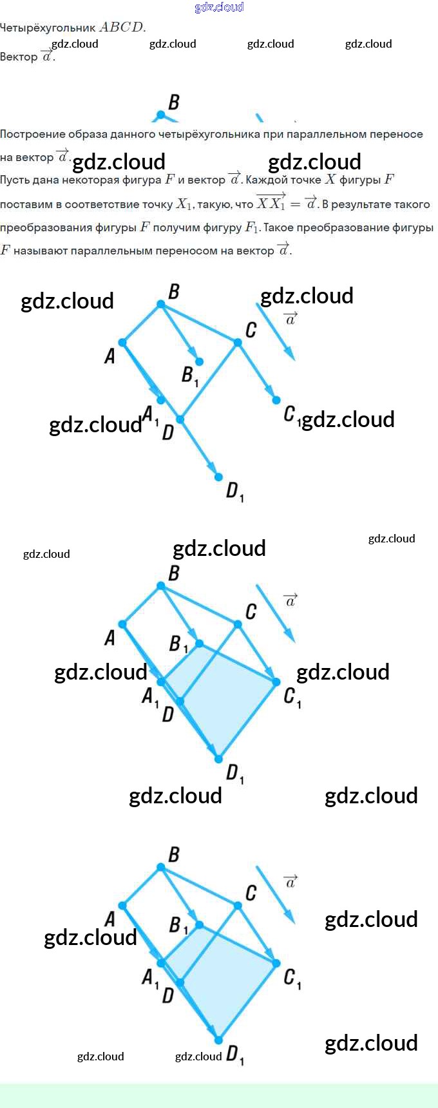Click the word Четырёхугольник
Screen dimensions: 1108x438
[x=48, y=28]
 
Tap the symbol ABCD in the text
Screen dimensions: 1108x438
[x=122, y=28]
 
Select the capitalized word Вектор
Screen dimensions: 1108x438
[x=19, y=57]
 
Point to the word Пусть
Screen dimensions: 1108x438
[x=13, y=180]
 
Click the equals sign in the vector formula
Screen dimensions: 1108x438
[x=295, y=204]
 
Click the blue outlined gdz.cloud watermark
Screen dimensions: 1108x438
[x=219, y=8]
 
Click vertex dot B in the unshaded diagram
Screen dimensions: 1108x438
[x=161, y=304]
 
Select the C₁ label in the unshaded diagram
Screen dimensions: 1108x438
[x=291, y=414]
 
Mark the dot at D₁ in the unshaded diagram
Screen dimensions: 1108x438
[x=219, y=477]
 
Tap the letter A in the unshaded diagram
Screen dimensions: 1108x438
[x=110, y=356]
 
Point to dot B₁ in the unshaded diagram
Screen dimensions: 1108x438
[x=200, y=362]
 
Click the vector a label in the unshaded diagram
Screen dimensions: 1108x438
[x=291, y=318]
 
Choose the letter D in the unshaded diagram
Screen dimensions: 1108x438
[x=168, y=432]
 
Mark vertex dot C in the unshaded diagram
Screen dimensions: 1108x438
[x=238, y=342]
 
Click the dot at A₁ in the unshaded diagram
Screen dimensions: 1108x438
[x=161, y=400]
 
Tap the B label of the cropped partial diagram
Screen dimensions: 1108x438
[x=174, y=102]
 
